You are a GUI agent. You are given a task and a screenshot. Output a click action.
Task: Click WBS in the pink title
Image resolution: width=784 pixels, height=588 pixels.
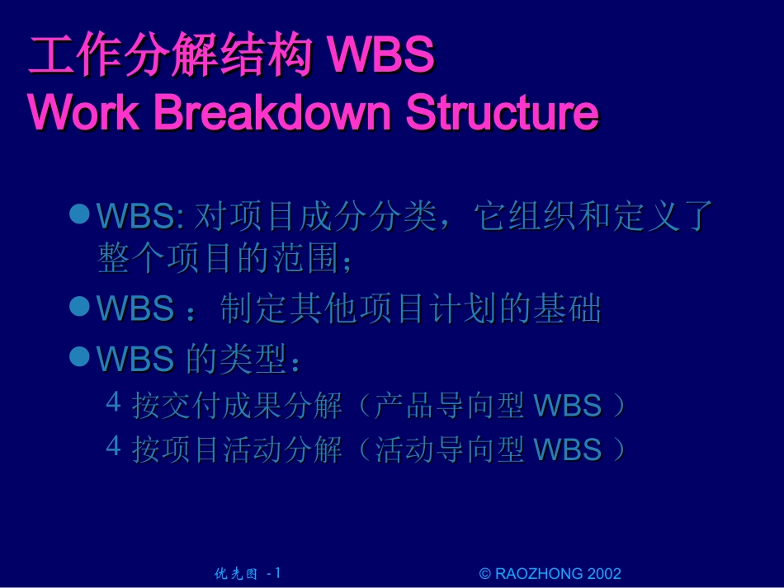[380, 56]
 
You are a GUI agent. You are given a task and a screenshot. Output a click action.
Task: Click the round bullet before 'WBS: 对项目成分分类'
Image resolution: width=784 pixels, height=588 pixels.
[79, 214]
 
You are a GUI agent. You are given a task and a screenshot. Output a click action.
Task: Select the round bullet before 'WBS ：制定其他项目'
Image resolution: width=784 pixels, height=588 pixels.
[79, 307]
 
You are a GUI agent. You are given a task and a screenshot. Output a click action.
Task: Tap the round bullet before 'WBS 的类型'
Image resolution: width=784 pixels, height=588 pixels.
[79, 355]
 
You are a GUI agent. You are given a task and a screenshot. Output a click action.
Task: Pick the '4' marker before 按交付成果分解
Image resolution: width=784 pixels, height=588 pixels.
[114, 403]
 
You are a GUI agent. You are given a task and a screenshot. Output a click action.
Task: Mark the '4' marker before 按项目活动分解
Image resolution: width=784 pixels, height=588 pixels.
[114, 447]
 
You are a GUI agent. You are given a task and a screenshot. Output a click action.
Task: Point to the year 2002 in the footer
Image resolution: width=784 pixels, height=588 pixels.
[604, 574]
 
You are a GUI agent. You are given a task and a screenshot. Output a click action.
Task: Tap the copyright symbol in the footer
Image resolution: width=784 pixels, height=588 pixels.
[484, 574]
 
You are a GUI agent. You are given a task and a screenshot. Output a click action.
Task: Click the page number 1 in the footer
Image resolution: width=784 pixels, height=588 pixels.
[278, 573]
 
